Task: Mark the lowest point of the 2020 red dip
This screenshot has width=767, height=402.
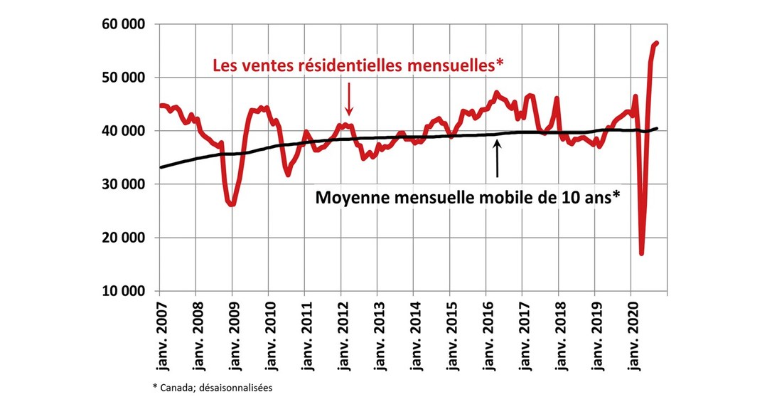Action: [642, 253]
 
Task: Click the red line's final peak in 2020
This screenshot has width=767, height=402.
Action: [657, 43]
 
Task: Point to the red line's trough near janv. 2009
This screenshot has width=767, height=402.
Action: [232, 204]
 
